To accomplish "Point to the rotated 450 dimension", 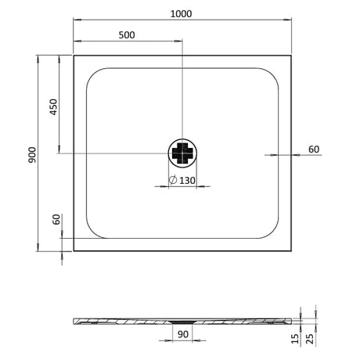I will point(54,107).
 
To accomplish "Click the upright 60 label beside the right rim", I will point(313,149).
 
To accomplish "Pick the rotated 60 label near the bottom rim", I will point(56,220).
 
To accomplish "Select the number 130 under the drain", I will point(186,182).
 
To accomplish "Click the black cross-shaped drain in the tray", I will point(182,153).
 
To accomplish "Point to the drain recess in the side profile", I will point(182,320).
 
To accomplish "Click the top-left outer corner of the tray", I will point(74,55).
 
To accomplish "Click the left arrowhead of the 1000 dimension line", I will point(76,22).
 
